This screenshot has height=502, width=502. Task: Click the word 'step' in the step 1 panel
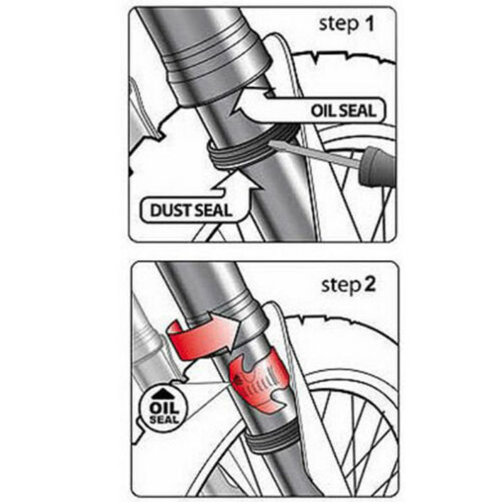point(339,25)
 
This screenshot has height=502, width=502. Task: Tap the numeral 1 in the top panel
point(370,24)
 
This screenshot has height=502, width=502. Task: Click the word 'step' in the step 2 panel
point(341,286)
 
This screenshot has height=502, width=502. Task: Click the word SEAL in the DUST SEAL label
point(213,210)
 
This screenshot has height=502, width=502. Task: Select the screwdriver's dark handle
point(378,166)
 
